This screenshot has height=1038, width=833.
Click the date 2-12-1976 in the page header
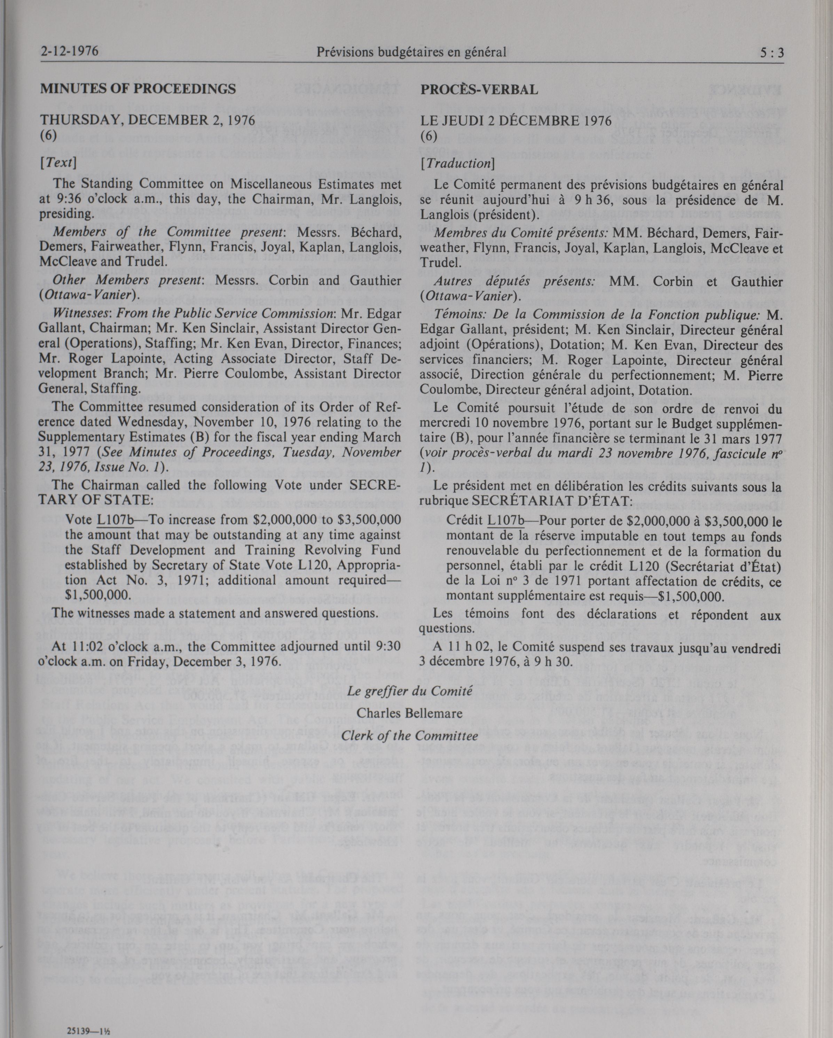coord(69,51)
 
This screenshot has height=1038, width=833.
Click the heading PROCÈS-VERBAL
coord(479,89)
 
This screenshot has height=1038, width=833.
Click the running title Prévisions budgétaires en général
coord(411,52)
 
